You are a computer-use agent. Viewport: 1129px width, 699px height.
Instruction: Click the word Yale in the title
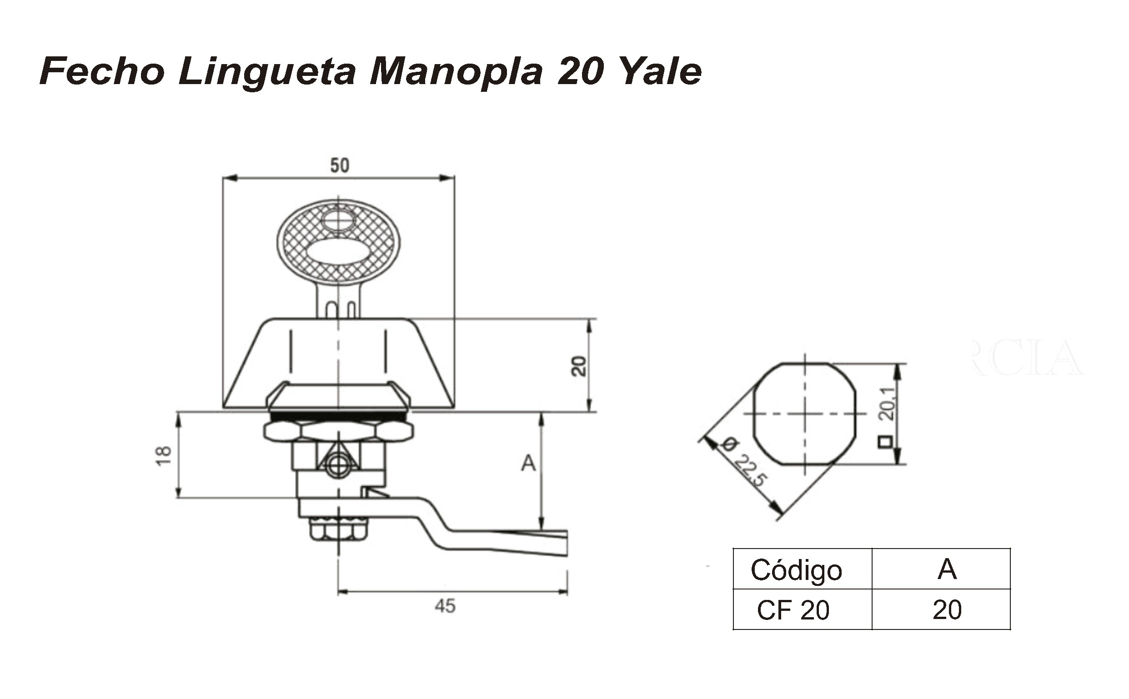[x=660, y=72]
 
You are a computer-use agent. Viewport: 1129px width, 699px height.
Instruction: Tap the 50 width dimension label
[x=340, y=165]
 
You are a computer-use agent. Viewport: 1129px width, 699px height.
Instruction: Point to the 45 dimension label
[x=445, y=606]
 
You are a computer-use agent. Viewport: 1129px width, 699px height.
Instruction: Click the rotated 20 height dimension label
[x=579, y=366]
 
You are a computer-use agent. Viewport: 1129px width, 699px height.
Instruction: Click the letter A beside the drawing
[x=528, y=463]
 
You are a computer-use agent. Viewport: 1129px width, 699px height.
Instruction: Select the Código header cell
[x=796, y=569]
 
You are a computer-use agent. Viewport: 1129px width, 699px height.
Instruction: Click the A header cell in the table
[x=947, y=569]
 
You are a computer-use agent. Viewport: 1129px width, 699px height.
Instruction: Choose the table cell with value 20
[x=947, y=610]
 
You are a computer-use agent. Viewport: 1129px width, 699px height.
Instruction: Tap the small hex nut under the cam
[x=338, y=529]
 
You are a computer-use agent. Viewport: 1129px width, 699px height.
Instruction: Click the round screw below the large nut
[x=338, y=468]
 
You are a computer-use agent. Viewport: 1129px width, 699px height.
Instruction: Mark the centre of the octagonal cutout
[x=805, y=413]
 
